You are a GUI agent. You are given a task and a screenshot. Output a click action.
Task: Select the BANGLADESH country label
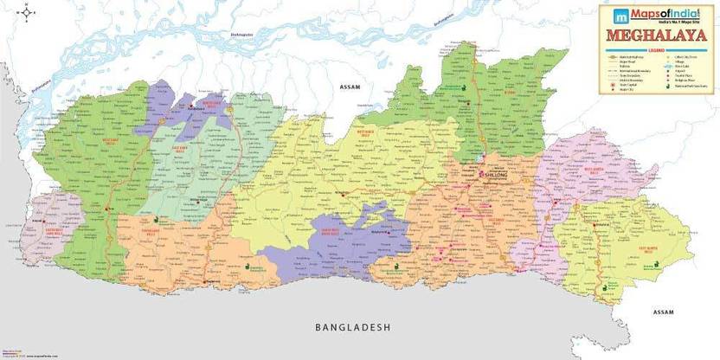[353, 328]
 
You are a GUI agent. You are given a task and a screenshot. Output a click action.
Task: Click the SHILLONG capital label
[494, 172]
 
